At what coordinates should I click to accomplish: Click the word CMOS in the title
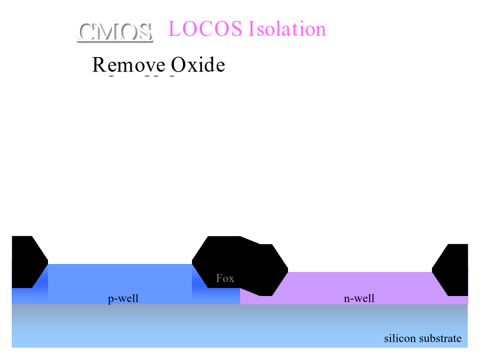tap(115, 33)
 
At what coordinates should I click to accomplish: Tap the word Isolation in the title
tap(287, 29)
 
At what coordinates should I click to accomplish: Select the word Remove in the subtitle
tap(128, 65)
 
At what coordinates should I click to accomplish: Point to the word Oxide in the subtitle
tap(198, 65)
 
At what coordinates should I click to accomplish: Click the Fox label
tap(225, 278)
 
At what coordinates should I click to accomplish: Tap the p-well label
tap(123, 299)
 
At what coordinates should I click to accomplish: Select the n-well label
tap(359, 299)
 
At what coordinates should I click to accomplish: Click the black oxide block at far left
tap(26, 261)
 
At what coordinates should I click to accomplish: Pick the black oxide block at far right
tap(453, 269)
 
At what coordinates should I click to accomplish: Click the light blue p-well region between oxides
tap(120, 280)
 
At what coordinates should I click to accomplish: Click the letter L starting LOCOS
tap(174, 29)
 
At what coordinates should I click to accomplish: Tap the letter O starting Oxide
tap(178, 65)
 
